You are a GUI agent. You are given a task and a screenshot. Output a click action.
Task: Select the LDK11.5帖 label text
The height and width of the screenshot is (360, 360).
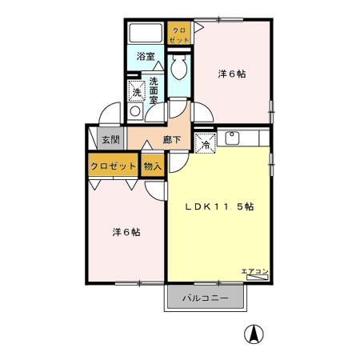pos(220,206)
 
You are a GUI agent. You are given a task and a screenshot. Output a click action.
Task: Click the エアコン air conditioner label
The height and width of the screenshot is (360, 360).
pos(254,271)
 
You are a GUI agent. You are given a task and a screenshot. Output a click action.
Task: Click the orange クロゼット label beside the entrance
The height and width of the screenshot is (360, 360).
pos(113,166)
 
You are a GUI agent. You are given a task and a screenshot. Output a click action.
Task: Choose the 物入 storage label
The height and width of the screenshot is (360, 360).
pos(153,166)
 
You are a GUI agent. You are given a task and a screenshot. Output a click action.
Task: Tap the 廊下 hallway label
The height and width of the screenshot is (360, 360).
pos(172,139)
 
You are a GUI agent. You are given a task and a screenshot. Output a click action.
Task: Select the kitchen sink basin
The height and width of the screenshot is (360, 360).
pos(234,138)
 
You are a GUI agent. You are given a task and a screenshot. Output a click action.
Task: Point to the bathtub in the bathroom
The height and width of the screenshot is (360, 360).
pos(146,34)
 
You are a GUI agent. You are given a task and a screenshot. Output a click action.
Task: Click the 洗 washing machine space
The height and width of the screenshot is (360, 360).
pos(136,93)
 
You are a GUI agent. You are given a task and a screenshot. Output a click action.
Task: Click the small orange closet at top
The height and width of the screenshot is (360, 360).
pos(178,34)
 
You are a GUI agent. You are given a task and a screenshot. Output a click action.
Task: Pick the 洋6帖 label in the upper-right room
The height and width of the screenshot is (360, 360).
pos(231,74)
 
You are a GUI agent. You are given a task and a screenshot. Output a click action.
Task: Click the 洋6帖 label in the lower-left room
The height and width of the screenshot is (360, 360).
pos(126,232)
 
